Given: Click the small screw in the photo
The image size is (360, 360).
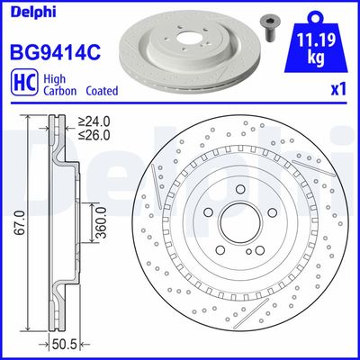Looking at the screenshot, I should tap(269, 28).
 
